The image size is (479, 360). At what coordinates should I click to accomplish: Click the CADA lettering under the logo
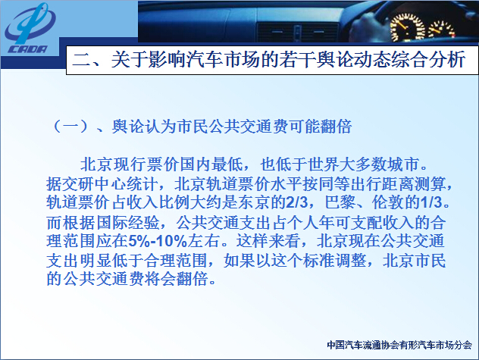(x=27, y=49)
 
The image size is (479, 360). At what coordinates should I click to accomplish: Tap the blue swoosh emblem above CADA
(x=30, y=23)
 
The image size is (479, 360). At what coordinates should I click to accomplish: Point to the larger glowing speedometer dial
(x=407, y=27)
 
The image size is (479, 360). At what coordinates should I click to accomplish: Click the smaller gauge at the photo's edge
(x=441, y=31)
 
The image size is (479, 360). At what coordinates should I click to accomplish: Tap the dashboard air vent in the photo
(x=297, y=32)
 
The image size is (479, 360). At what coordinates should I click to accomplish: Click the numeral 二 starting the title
(x=82, y=59)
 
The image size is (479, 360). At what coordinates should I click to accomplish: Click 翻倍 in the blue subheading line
(x=336, y=127)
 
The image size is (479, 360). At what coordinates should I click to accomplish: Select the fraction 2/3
(x=297, y=202)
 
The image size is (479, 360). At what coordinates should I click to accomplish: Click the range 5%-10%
(x=158, y=241)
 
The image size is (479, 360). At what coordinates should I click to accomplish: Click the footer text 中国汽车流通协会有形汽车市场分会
(x=399, y=345)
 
